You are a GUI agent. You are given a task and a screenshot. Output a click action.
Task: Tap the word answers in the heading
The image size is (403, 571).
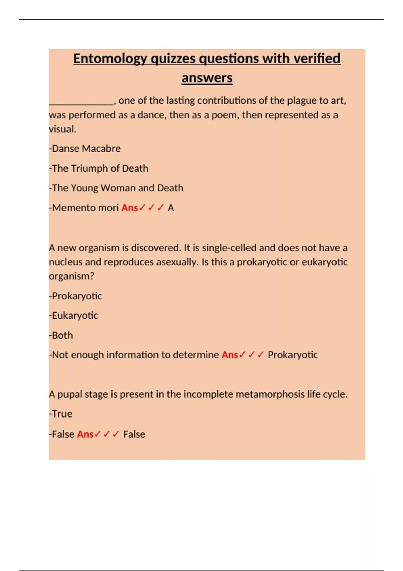click(207, 78)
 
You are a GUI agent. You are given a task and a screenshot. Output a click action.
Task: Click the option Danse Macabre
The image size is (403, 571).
click(86, 149)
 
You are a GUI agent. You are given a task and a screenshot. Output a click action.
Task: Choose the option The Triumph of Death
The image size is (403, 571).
click(100, 168)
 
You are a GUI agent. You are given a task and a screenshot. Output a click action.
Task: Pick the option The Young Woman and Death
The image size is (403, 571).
click(118, 188)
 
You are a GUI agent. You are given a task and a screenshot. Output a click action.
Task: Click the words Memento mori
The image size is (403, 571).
click(85, 208)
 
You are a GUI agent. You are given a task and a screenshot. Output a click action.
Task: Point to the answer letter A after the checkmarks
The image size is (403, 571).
click(171, 208)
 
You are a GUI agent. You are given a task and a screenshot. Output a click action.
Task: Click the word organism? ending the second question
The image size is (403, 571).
click(72, 276)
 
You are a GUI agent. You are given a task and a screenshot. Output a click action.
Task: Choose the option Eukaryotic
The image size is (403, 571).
click(75, 316)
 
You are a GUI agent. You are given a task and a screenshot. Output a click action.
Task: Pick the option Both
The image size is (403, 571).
click(62, 335)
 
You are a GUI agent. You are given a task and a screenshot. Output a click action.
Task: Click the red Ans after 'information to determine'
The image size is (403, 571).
click(230, 355)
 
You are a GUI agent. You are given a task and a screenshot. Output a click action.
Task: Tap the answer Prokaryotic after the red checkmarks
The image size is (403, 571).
click(293, 355)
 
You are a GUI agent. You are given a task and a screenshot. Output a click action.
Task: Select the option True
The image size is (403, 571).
click(62, 414)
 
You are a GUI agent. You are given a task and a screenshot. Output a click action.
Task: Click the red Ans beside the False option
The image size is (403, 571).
click(85, 434)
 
